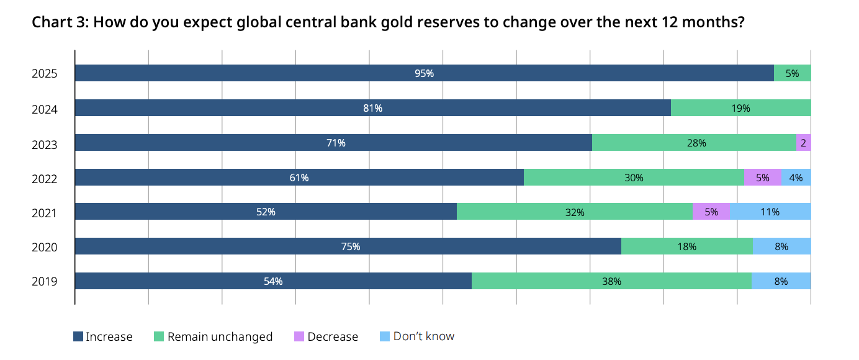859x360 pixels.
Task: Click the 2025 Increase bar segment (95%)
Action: point(424,73)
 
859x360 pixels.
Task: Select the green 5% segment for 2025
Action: point(792,73)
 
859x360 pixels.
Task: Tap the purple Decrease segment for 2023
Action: point(803,143)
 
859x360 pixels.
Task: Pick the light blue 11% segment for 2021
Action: point(770,212)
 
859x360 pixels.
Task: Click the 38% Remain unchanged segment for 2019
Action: point(611,281)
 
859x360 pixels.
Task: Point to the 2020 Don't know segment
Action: point(781,246)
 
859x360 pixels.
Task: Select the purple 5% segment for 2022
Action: point(762,178)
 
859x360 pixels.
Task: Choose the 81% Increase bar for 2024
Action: point(372,108)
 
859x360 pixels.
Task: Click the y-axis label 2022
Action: point(45,179)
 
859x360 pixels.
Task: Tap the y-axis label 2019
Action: point(45,282)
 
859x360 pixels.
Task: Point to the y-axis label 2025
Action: point(45,74)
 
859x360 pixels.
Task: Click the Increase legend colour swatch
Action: point(78,336)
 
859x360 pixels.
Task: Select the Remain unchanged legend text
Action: point(220,337)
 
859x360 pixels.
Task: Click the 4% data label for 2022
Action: point(796,178)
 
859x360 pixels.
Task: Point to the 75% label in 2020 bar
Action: point(351,246)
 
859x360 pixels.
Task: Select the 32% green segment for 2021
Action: point(574,212)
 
